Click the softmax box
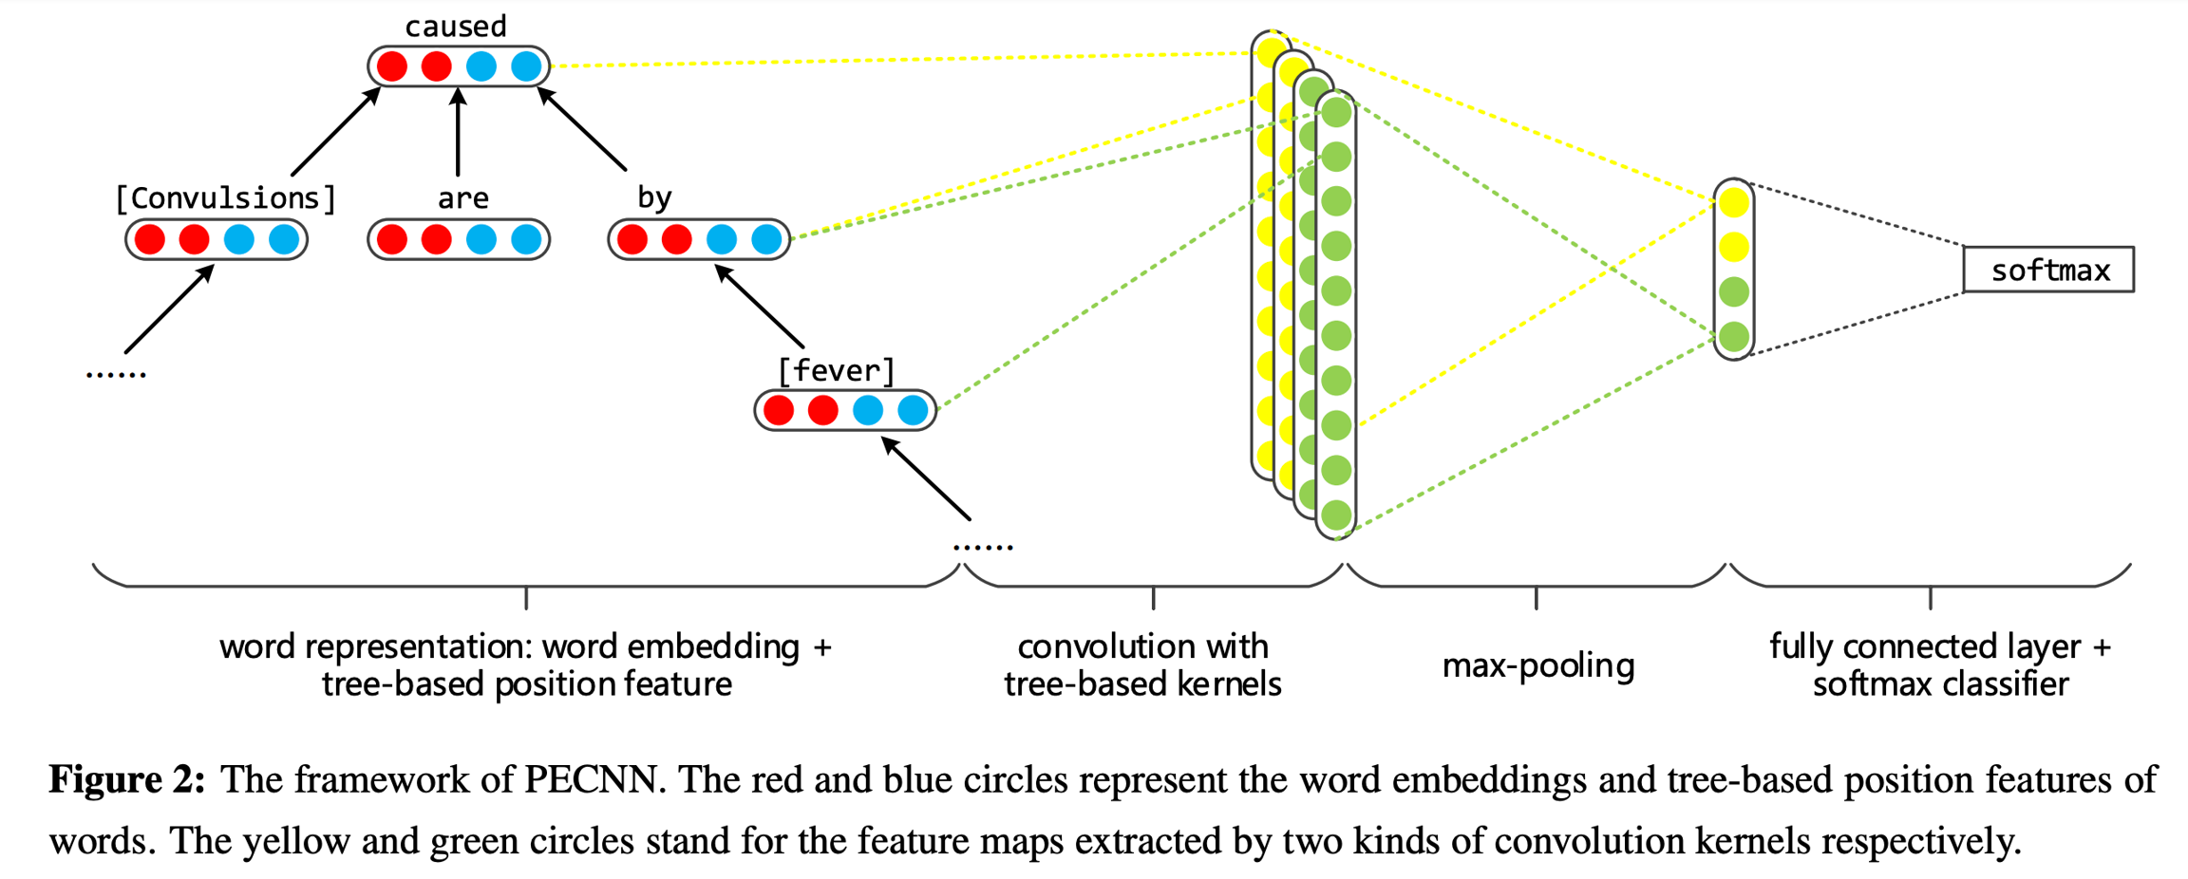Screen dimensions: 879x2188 (x=2048, y=271)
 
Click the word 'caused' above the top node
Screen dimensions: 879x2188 (x=456, y=27)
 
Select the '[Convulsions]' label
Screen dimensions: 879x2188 (x=225, y=198)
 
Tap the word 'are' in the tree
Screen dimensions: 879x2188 (x=462, y=198)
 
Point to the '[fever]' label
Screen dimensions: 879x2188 (x=836, y=371)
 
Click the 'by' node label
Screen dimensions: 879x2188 (x=654, y=197)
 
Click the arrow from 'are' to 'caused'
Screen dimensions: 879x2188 (x=458, y=133)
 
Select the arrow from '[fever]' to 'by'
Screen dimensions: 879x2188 (x=760, y=306)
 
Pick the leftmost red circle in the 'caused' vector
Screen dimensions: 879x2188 (x=391, y=66)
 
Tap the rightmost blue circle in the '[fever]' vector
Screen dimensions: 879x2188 (x=913, y=410)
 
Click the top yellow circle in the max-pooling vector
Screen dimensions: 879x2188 (x=1734, y=202)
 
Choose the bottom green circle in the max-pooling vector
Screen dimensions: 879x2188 (x=1734, y=336)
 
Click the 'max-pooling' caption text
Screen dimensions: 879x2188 (x=1537, y=665)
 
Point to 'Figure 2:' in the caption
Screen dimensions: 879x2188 (x=127, y=780)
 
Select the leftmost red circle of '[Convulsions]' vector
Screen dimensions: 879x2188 (x=149, y=239)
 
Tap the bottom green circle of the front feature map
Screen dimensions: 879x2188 (x=1336, y=514)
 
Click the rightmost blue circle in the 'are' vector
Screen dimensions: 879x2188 (x=526, y=239)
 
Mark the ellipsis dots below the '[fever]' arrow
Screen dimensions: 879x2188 (x=983, y=547)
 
